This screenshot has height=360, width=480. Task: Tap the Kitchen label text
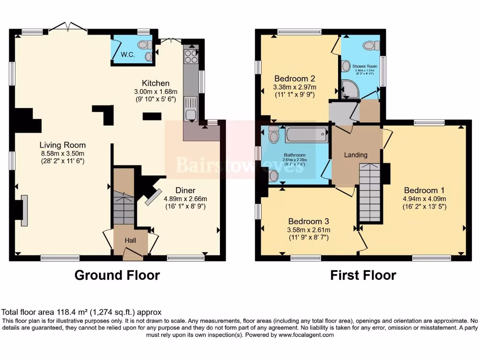pyautogui.click(x=156, y=83)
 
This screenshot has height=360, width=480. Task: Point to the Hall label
pyautogui.click(x=130, y=240)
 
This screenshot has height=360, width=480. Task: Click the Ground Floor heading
pyautogui.click(x=117, y=275)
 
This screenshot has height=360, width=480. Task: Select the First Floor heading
pyautogui.click(x=363, y=275)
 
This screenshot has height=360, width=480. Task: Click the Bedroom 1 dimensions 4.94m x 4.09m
pyautogui.click(x=424, y=199)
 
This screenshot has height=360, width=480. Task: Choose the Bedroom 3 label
pyautogui.click(x=308, y=221)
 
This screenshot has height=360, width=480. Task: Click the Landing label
pyautogui.click(x=356, y=155)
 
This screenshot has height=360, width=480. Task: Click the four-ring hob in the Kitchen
pyautogui.click(x=191, y=56)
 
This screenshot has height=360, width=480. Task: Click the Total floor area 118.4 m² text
pyautogui.click(x=82, y=312)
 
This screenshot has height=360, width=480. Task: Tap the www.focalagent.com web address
pyautogui.click(x=305, y=335)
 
